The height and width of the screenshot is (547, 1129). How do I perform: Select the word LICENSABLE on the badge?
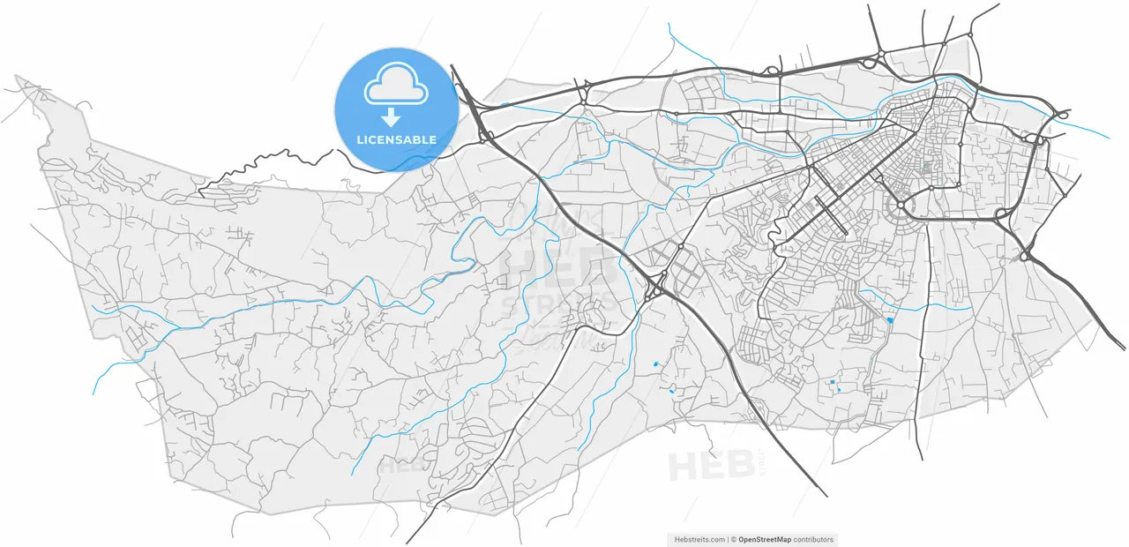(396, 139)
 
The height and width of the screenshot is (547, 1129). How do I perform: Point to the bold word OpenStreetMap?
(765, 540)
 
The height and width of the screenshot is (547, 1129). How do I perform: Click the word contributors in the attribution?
(812, 540)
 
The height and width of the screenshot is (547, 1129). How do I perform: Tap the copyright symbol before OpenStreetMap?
(734, 540)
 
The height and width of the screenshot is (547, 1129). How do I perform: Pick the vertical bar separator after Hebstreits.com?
(728, 540)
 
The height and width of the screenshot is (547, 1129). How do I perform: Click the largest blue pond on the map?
(890, 320)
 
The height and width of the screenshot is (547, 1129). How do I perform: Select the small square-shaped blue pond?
(832, 382)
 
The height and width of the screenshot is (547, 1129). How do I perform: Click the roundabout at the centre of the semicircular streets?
(901, 205)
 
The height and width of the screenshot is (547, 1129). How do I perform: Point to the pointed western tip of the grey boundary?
(18, 79)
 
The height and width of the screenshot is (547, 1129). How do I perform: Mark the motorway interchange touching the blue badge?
(483, 134)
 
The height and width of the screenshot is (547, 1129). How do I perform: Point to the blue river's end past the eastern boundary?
(1108, 138)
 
